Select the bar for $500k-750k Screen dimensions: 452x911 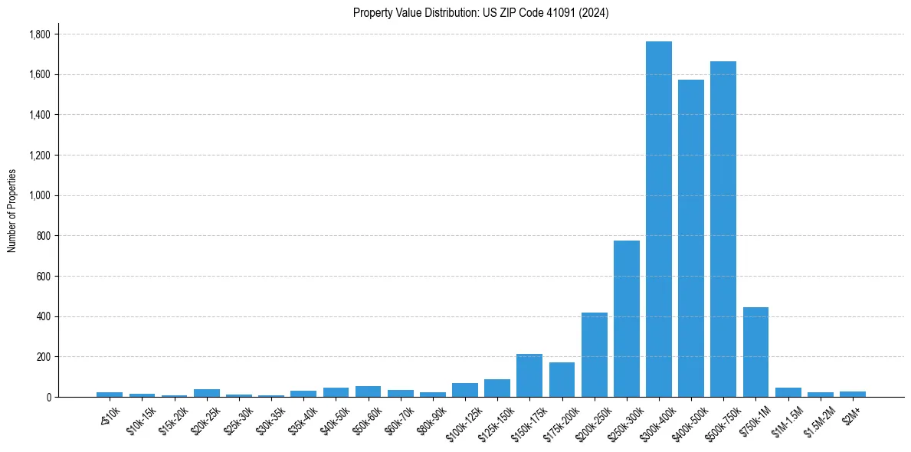tap(723, 229)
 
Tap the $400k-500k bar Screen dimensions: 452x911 tap(690, 238)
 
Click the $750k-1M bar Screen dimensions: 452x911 tap(755, 352)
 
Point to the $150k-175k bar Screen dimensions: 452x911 tap(529, 375)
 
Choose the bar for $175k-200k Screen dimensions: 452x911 tap(562, 380)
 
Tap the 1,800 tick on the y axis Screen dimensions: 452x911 tap(39, 34)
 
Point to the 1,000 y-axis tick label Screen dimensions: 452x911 tap(39, 195)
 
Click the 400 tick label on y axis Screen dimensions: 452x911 tap(44, 316)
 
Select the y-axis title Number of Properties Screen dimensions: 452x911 tap(12, 211)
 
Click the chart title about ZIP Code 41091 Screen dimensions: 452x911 tap(480, 13)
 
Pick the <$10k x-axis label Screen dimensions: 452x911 tap(107, 415)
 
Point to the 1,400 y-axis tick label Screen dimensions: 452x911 tap(39, 115)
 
